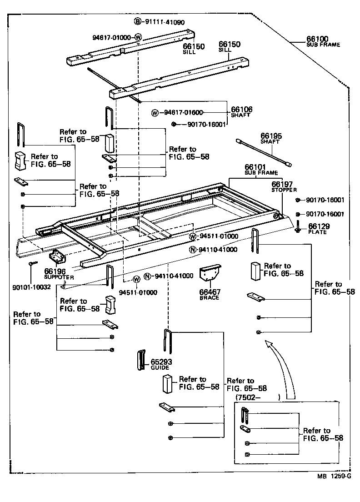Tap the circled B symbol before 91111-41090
[x=137, y=22]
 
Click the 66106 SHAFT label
[x=241, y=112]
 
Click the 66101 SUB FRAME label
[x=255, y=169]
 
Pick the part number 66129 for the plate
[x=318, y=226]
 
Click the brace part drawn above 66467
[x=210, y=276]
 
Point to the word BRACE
[x=209, y=298]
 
